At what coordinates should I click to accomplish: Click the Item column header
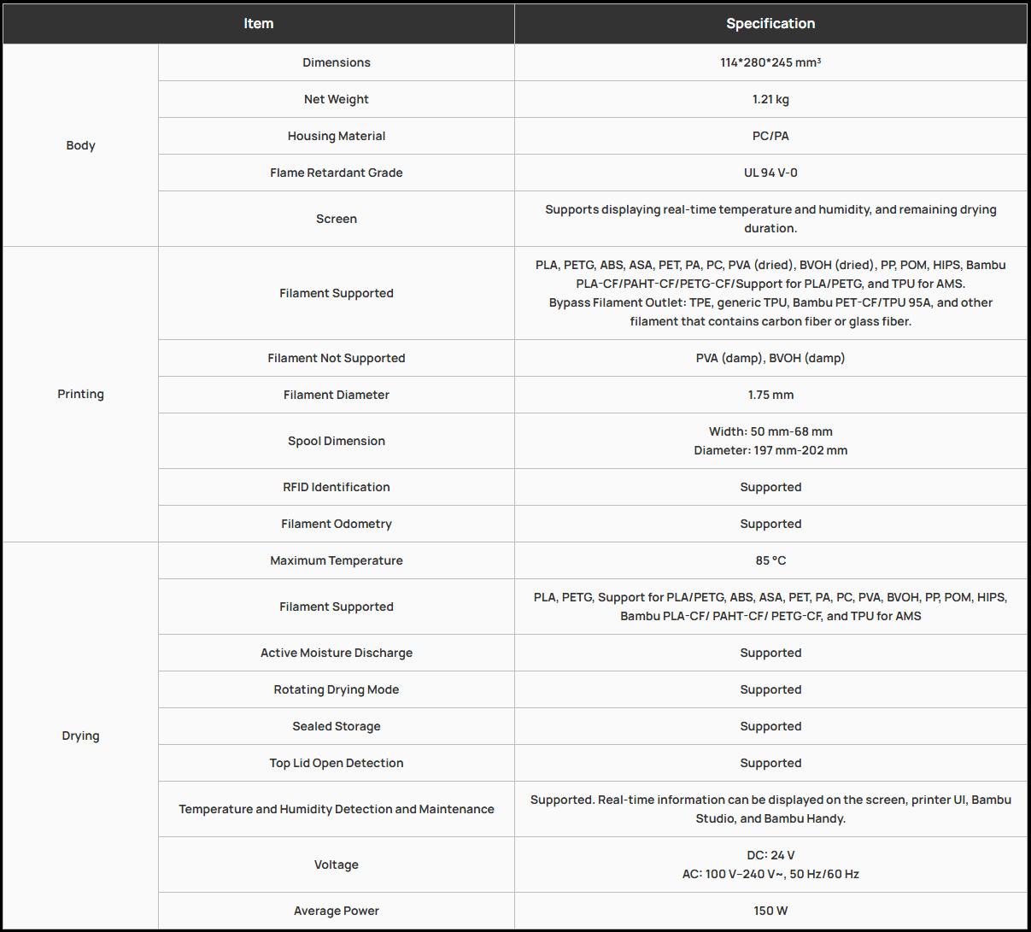point(258,23)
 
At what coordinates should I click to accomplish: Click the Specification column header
point(770,23)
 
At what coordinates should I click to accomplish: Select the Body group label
point(80,145)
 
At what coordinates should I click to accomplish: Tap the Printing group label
point(80,394)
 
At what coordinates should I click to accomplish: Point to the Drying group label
point(80,736)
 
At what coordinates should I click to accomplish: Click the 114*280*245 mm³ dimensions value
point(770,62)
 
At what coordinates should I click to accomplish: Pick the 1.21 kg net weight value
point(770,99)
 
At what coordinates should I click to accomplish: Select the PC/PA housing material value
point(770,136)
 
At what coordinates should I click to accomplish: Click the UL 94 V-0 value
point(770,173)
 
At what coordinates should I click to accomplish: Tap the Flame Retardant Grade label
point(337,173)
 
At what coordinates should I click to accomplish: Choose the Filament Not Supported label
point(337,358)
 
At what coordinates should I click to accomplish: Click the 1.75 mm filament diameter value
point(770,395)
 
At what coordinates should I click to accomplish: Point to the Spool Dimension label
point(337,441)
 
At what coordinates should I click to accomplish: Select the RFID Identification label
point(337,487)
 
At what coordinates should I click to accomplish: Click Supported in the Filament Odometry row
point(770,524)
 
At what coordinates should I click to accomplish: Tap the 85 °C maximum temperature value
point(770,560)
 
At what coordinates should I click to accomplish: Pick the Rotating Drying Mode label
point(337,689)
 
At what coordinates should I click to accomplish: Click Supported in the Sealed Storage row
point(770,726)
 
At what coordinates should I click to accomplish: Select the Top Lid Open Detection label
point(337,763)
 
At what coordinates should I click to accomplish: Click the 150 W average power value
point(770,911)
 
